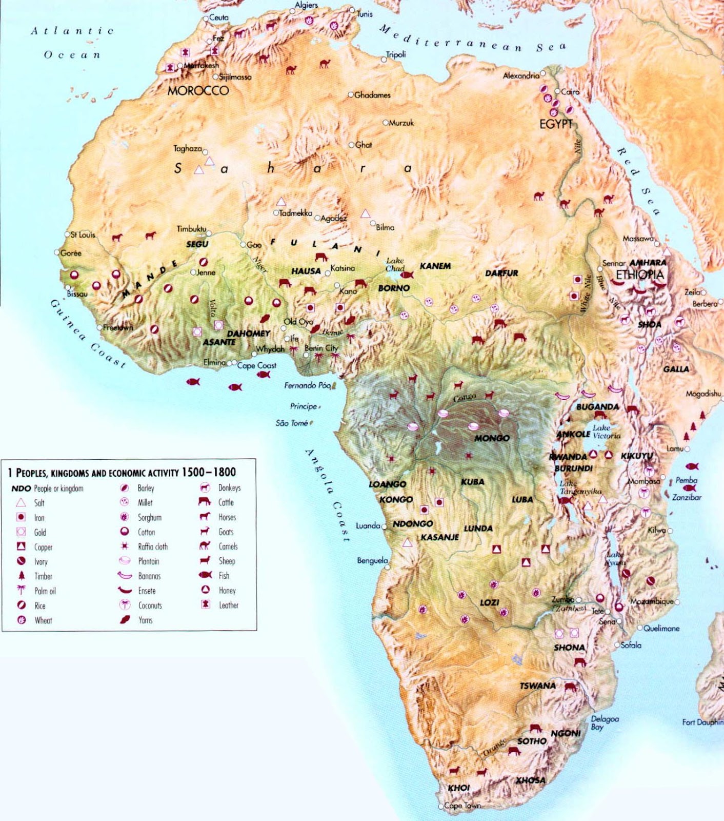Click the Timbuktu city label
[x=191, y=229]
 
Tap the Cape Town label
[x=462, y=806]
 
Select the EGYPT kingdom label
[x=556, y=124]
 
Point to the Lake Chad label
[x=395, y=264]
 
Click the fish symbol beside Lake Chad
[x=407, y=275]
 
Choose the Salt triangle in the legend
[x=21, y=503]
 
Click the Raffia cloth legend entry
[x=152, y=546]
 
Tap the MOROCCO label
[x=198, y=91]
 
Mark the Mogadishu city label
[x=703, y=394]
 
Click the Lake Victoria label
[x=606, y=432]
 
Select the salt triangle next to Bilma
[x=365, y=213]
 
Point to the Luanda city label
[x=368, y=526]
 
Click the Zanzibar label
[x=687, y=497]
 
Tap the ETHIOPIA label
[x=639, y=275]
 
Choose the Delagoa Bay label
[x=605, y=722]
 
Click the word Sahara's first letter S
[x=178, y=168]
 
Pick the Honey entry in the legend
[x=227, y=591]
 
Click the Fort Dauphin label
[x=702, y=722]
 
